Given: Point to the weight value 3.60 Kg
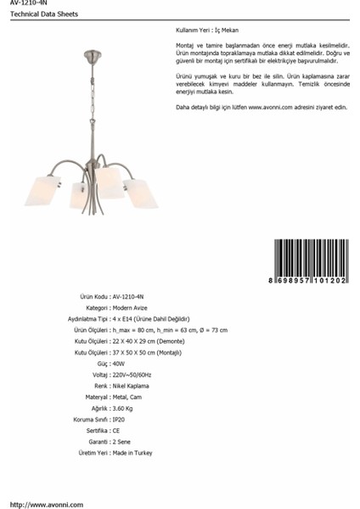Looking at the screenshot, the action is coord(124,409).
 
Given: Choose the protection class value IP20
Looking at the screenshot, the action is coord(119,420).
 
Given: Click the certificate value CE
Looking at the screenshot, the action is coord(116,431).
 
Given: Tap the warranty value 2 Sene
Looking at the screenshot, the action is coord(122,442).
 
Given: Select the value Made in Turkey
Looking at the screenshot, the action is coord(132,453).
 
